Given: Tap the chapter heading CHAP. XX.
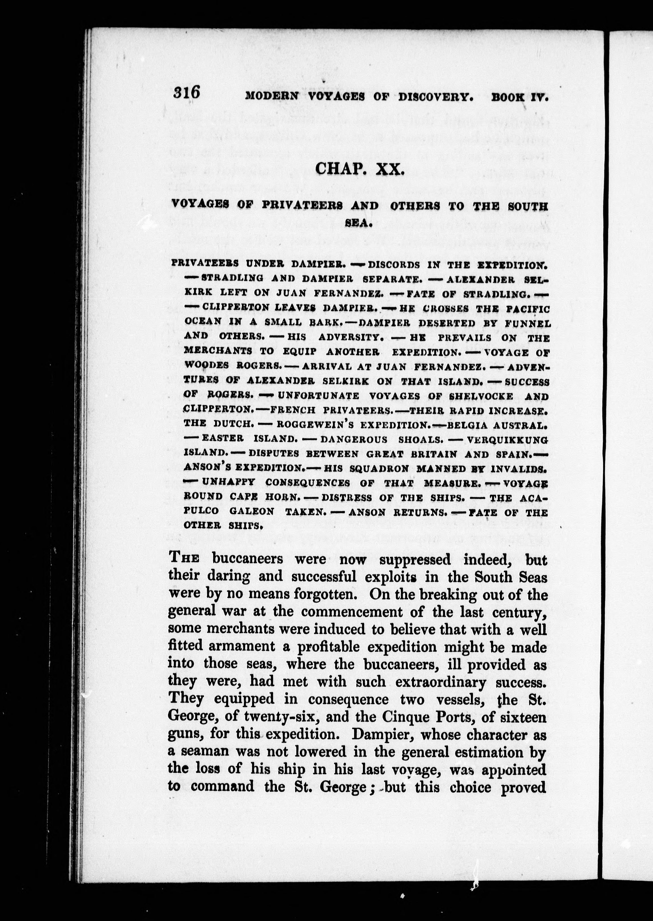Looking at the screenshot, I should (359, 168).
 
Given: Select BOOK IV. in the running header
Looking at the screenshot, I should (520, 97).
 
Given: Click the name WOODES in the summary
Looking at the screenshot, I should (206, 366).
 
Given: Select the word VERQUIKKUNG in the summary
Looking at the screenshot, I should (507, 439).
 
